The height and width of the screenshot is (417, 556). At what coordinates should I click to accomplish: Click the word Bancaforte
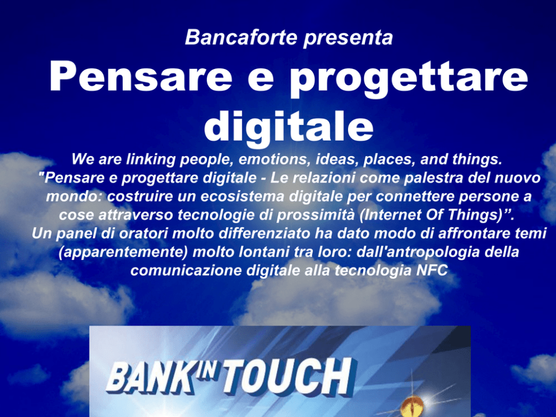click(x=241, y=37)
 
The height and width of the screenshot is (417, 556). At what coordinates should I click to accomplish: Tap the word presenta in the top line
click(x=348, y=38)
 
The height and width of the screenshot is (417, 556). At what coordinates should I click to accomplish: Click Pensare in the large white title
click(x=141, y=77)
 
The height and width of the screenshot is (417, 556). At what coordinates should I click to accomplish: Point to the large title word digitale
click(x=289, y=127)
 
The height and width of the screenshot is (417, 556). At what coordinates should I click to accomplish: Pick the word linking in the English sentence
click(x=151, y=160)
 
